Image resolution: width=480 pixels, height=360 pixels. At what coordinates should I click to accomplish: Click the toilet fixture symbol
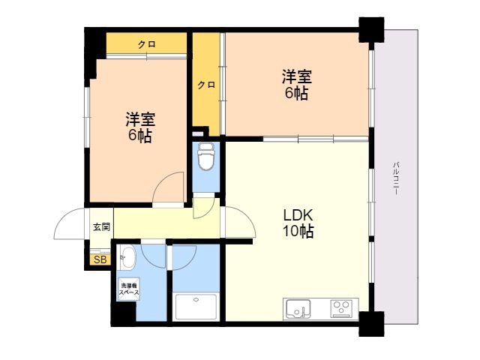(x=205, y=159)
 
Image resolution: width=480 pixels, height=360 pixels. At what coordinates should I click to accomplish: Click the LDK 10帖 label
(x=297, y=223)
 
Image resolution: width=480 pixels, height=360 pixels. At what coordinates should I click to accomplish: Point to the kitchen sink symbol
(x=298, y=307)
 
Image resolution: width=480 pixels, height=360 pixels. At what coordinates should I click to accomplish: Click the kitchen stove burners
(x=342, y=307)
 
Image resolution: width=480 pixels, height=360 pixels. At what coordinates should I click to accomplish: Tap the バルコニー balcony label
(x=395, y=178)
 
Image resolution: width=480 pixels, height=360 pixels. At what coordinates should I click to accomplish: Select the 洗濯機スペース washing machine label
(x=126, y=290)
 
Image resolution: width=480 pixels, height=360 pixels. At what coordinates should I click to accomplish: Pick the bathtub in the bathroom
(x=195, y=307)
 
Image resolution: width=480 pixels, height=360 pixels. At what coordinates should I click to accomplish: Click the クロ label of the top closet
(x=146, y=45)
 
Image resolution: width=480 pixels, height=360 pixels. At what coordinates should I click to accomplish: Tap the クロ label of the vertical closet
(x=206, y=85)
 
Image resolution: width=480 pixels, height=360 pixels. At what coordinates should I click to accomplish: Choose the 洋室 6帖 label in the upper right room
(x=295, y=85)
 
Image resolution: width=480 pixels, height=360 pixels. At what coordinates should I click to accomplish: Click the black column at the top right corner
(x=370, y=29)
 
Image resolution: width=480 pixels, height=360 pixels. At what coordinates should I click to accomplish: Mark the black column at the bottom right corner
(x=370, y=324)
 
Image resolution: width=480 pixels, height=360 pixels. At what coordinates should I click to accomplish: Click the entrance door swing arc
(x=69, y=224)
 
